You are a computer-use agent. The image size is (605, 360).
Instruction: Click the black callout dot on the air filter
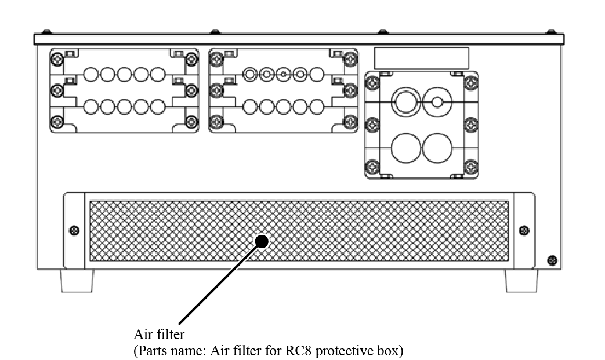tap(262, 241)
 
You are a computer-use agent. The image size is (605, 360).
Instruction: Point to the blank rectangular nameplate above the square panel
tap(422, 58)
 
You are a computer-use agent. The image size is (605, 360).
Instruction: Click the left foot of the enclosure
tap(77, 281)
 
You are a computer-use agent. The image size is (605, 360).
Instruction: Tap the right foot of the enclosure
tap(521, 281)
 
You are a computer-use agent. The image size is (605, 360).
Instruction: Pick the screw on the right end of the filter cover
tap(524, 231)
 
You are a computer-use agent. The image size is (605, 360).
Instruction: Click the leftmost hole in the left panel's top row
tap(91, 75)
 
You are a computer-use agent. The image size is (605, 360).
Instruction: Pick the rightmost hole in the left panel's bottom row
tap(157, 107)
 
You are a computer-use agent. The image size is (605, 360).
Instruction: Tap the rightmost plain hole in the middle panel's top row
tap(317, 75)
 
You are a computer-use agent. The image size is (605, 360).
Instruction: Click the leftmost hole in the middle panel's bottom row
tap(250, 107)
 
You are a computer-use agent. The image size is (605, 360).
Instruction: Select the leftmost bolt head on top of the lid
tap(46, 31)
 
